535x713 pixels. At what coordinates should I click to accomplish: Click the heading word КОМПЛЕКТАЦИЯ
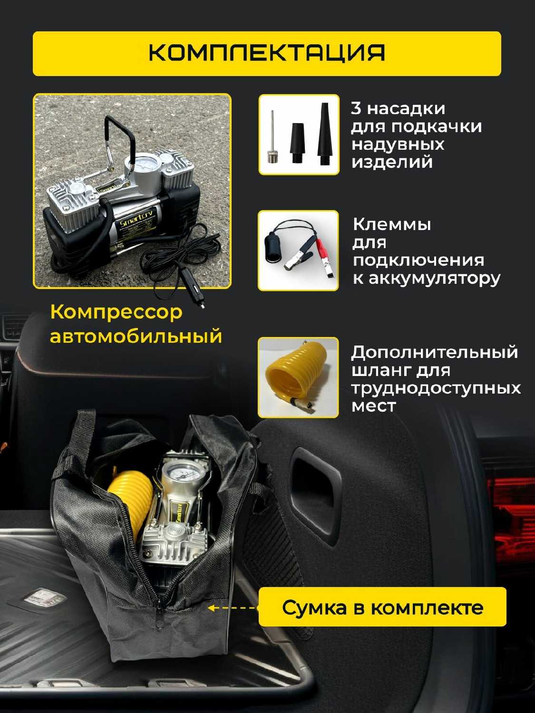[267, 53]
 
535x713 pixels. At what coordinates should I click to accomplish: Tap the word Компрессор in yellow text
[117, 313]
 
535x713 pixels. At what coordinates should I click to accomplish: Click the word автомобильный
[136, 336]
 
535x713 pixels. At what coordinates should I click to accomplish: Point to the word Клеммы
[392, 224]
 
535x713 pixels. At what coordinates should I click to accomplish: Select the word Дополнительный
[435, 353]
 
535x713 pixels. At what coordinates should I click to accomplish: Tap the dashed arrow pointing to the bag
[233, 608]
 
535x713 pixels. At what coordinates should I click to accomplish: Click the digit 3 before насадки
[356, 108]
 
